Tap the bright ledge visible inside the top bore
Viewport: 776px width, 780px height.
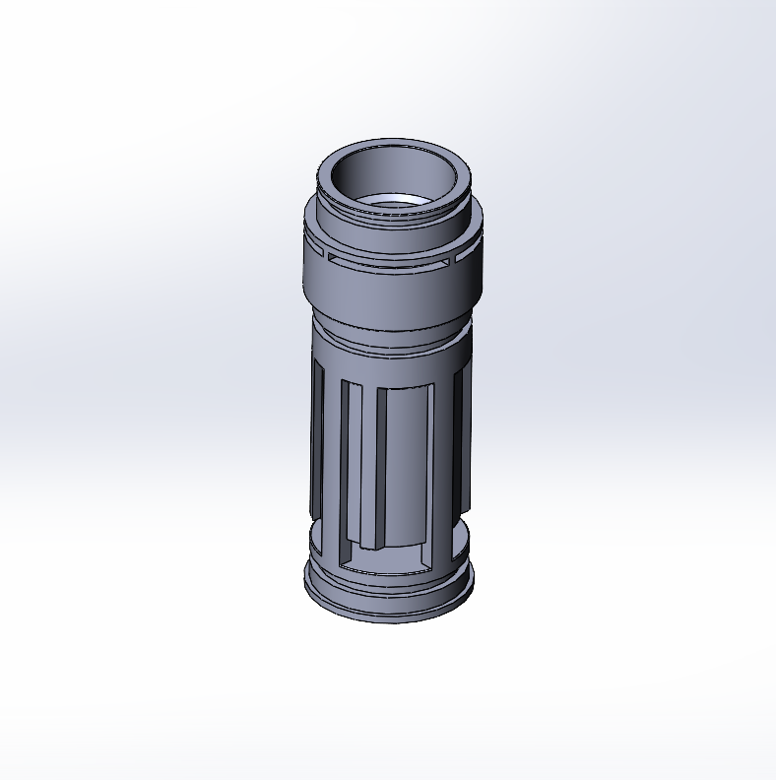pyautogui.click(x=394, y=204)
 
